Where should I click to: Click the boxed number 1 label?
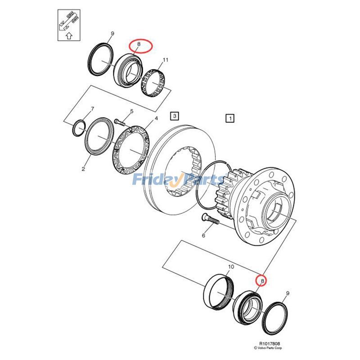point(229,118)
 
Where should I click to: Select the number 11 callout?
point(166,60)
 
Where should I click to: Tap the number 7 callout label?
point(92,109)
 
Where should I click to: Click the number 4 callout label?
point(156,119)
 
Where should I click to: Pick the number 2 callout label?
point(83,169)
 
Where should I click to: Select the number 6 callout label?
point(203,235)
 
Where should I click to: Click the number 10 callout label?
point(230,267)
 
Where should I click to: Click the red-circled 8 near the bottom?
point(261,280)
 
